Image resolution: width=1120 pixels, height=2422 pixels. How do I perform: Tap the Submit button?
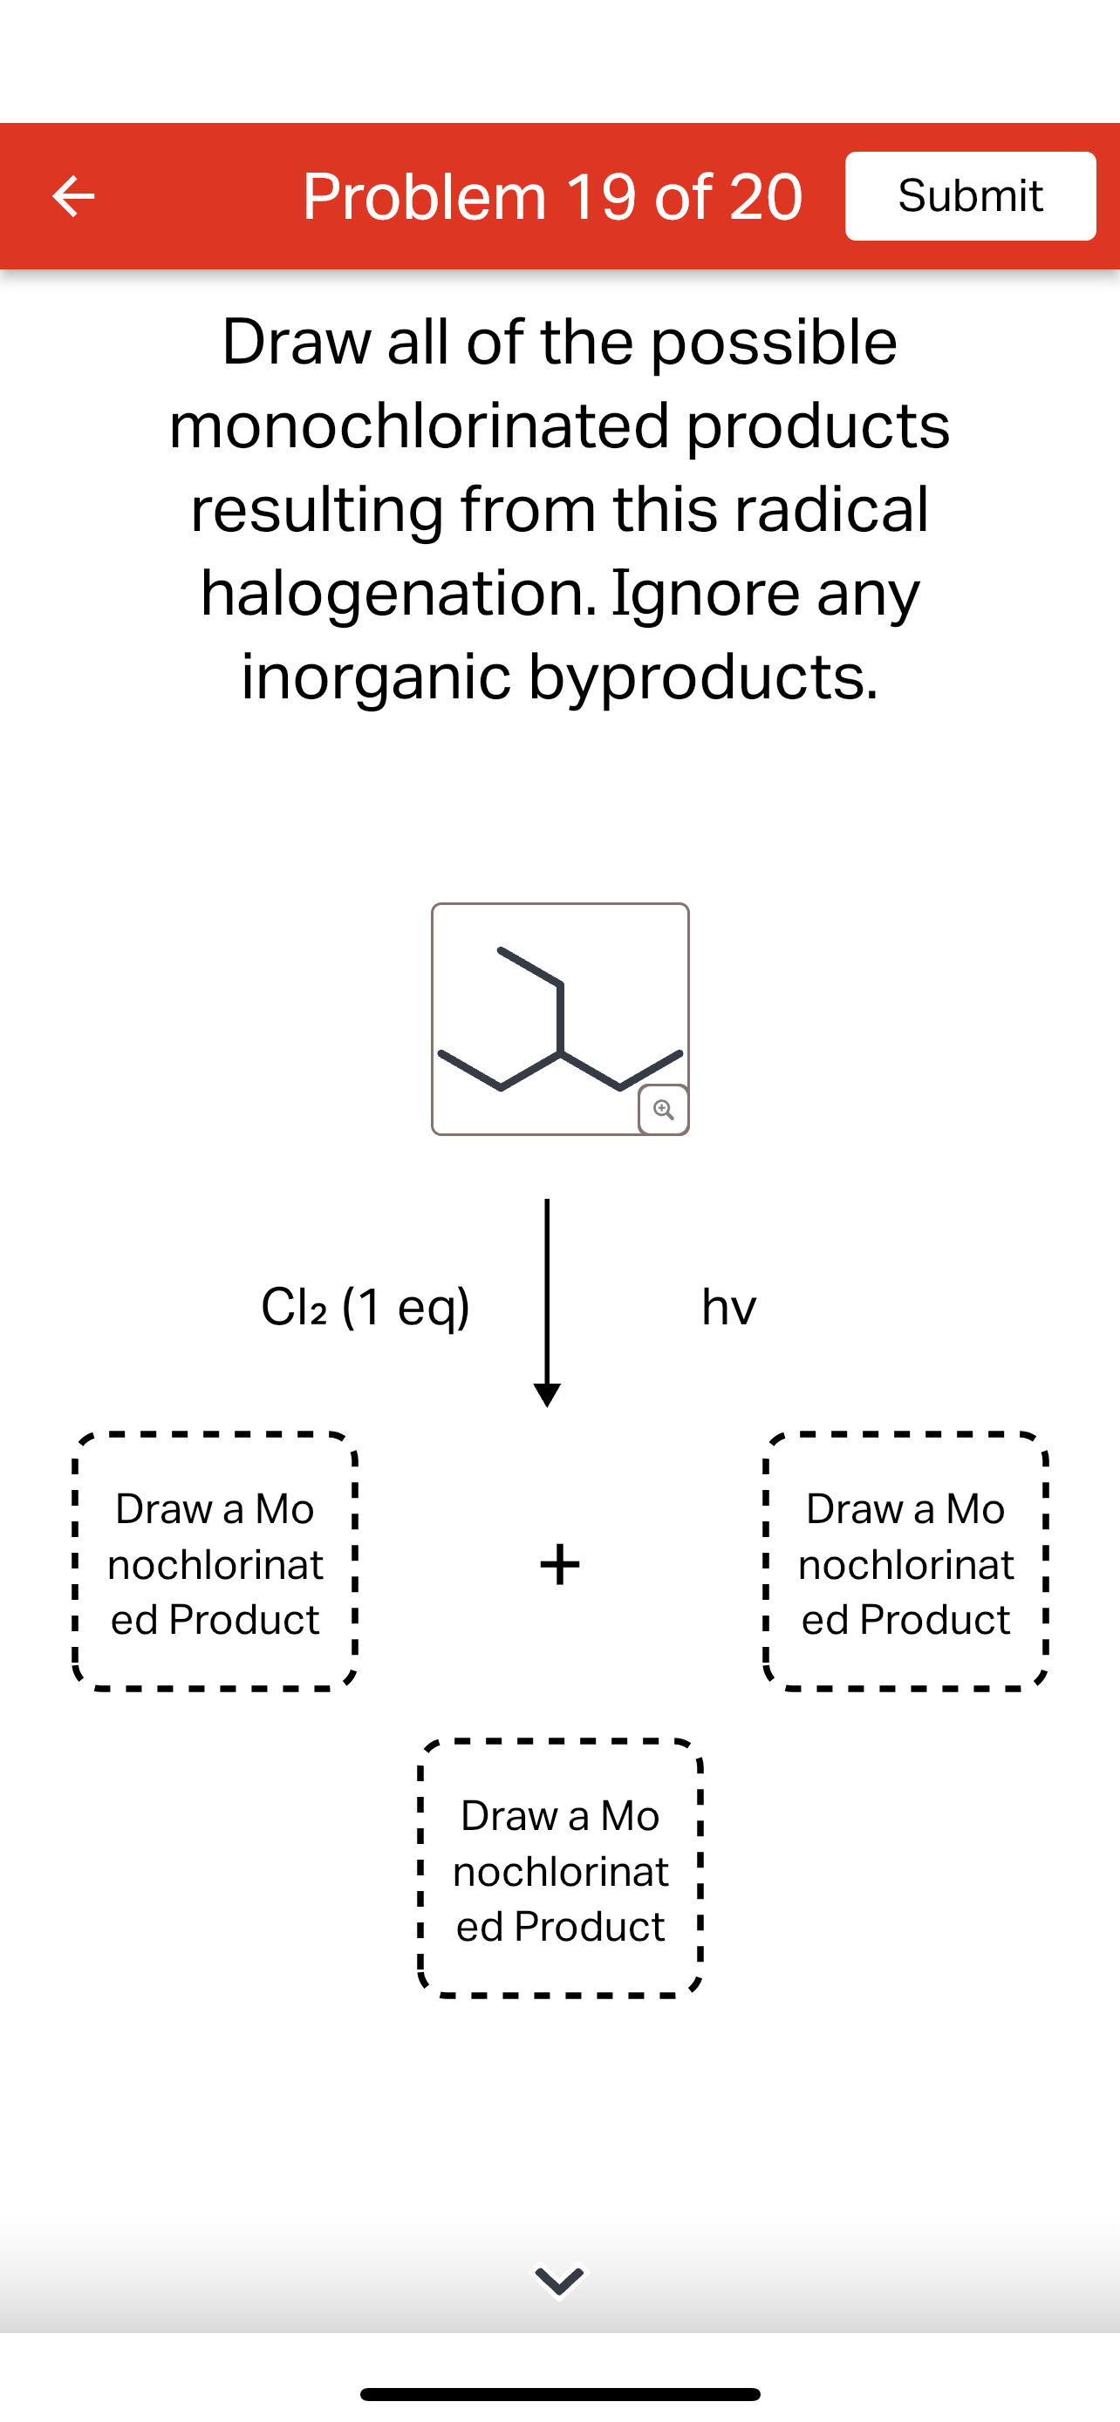pos(970,195)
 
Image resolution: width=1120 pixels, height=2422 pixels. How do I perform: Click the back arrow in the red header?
pos(73,196)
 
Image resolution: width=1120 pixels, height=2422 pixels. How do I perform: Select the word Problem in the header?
pos(424,196)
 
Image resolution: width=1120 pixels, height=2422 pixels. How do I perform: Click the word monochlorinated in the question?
pos(419,426)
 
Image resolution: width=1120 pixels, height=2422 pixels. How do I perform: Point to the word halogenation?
pos(399,593)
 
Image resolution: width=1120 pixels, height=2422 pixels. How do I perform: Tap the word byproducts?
pos(702,677)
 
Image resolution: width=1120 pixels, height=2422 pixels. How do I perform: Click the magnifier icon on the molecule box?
pos(663,1110)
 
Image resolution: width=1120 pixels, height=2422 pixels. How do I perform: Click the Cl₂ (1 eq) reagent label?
pos(365,1306)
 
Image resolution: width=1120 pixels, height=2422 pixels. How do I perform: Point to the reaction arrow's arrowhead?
pos(547,1393)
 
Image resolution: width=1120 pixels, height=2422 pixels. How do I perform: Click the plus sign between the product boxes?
pos(559,1564)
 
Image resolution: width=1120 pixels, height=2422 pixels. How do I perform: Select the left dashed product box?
pos(215,1562)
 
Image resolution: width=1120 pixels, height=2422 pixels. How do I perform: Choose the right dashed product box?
pos(905,1562)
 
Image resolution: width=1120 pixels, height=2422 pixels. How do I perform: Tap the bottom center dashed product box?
pos(561,1869)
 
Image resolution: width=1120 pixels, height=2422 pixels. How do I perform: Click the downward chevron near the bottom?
pos(559,2281)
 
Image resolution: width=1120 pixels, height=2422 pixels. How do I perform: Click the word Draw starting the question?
pos(297,343)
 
